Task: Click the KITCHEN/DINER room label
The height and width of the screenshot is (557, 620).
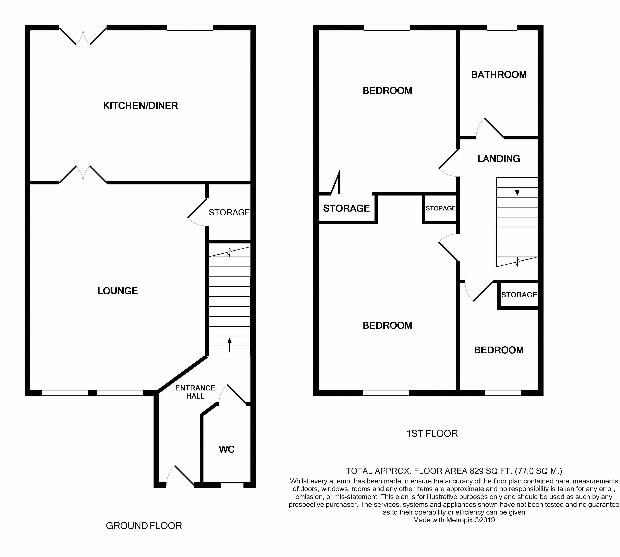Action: coord(140,105)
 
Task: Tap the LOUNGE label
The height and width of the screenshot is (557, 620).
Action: coord(118,291)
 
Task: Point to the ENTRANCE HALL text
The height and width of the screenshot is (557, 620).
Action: coord(195,392)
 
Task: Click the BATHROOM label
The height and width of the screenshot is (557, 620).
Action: coord(499,75)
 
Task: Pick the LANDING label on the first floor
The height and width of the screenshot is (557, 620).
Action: coord(499,159)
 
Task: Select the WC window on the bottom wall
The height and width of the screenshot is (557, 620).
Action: coord(232,485)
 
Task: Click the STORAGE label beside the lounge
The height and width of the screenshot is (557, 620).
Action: coord(229,212)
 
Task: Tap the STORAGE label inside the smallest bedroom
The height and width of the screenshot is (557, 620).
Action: coord(519,295)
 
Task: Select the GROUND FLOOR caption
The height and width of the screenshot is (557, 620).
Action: coord(144,526)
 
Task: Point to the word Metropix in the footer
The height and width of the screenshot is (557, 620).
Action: coord(459,520)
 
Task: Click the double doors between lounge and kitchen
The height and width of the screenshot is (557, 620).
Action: coord(83,174)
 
